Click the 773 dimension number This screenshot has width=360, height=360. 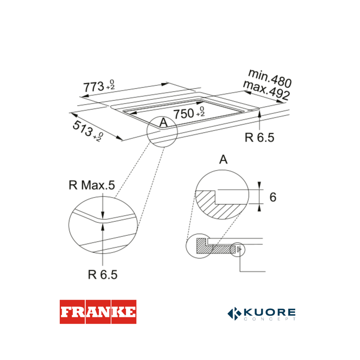(x=94, y=87)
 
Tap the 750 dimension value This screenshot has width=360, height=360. (x=184, y=114)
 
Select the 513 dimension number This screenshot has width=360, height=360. (x=83, y=128)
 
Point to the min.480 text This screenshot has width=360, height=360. (x=270, y=78)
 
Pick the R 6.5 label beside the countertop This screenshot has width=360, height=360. (x=260, y=138)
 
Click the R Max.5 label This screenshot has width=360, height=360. (x=92, y=185)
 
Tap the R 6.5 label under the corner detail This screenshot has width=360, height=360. (x=103, y=274)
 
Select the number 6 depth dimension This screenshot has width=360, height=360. (x=273, y=197)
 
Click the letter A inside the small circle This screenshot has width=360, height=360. (x=163, y=122)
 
